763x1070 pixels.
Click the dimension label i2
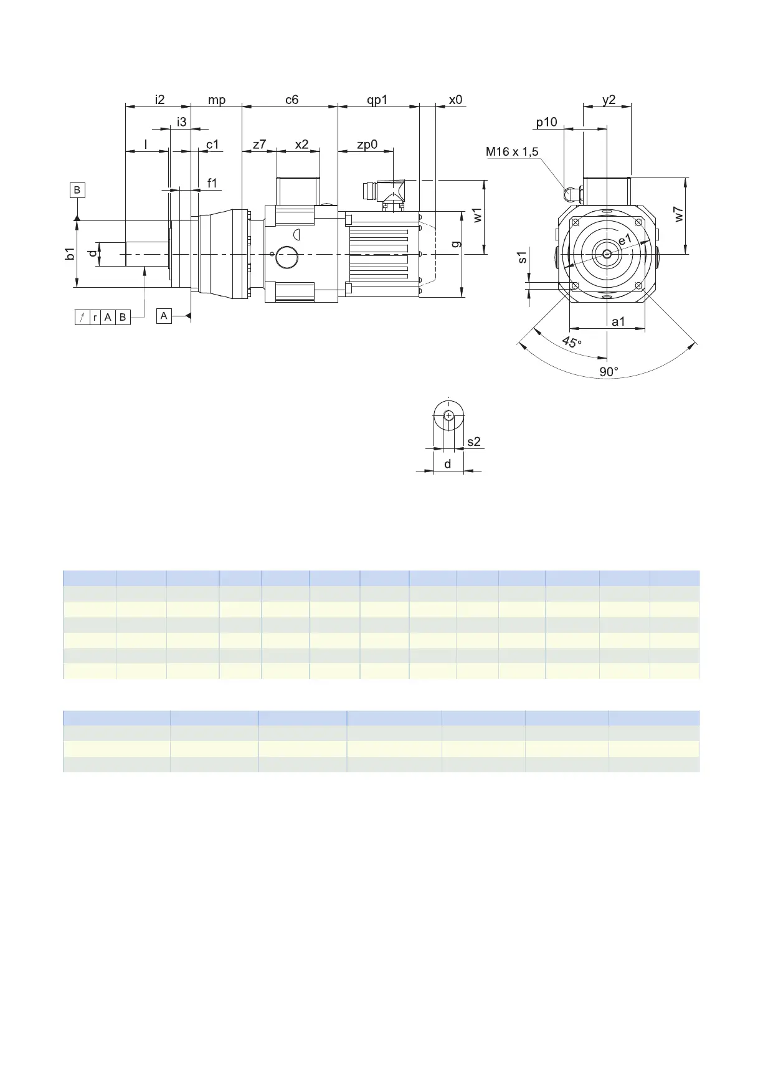point(159,100)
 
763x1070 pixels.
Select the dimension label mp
point(217,100)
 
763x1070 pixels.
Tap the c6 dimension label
point(291,100)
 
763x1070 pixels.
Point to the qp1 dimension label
point(377,100)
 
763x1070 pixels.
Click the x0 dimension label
point(456,100)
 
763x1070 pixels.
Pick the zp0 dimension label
point(367,145)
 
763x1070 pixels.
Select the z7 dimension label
point(259,144)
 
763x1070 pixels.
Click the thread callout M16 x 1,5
point(512,151)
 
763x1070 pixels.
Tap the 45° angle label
point(572,343)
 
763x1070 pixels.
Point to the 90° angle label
point(609,372)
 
